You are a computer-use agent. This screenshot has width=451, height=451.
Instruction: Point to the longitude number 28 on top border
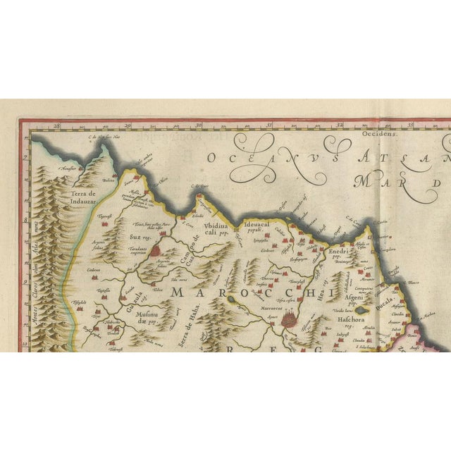59,125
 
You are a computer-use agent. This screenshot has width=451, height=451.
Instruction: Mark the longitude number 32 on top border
341,125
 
